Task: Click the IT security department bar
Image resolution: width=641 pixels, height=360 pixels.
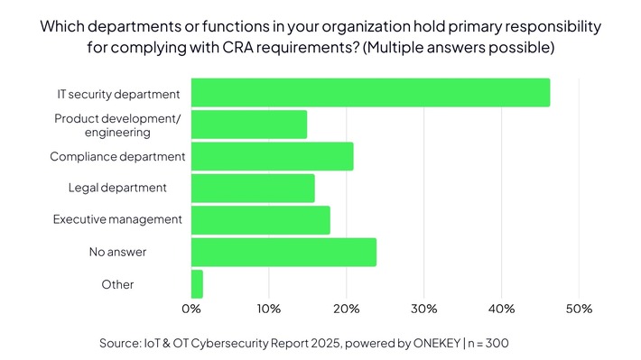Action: tap(370, 93)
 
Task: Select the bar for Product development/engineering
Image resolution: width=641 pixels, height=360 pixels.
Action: tap(249, 125)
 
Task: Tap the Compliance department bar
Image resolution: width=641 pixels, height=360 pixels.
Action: tap(272, 156)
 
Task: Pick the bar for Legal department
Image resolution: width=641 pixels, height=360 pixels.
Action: tap(253, 188)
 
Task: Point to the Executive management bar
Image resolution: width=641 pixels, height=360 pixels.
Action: tap(260, 220)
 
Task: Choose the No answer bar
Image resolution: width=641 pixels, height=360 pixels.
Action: tap(283, 252)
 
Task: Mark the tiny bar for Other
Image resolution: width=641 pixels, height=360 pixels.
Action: tap(197, 284)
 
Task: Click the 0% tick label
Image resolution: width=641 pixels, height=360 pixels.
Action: tap(191, 309)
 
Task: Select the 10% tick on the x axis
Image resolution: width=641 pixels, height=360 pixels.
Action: tap(269, 309)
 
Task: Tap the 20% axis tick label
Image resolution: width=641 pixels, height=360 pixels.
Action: tap(347, 309)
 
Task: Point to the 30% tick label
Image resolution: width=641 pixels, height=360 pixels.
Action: tap(424, 309)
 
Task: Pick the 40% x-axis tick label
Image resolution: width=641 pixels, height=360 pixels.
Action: tap(501, 309)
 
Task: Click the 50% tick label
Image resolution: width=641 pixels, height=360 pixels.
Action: tap(579, 309)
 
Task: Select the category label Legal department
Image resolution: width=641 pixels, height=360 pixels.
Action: tap(117, 188)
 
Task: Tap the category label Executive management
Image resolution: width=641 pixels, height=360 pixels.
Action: tap(117, 219)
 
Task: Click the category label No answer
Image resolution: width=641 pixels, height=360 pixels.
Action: tap(117, 252)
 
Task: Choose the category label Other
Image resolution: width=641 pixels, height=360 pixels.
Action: tap(117, 284)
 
